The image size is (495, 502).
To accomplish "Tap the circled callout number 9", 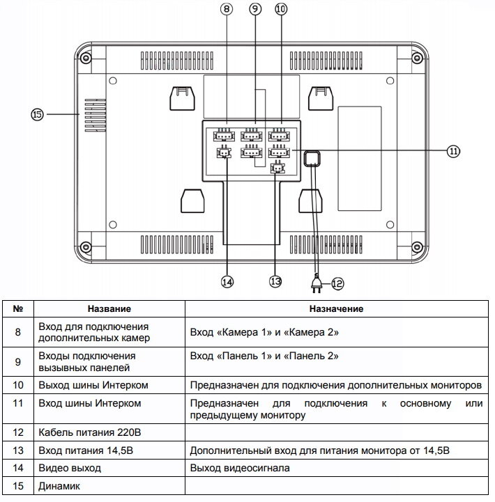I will pos(254,9).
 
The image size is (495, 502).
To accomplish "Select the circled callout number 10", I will pos(280,9).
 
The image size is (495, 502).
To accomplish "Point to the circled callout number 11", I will pos(454,150).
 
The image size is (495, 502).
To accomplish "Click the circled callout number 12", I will pos(337,283).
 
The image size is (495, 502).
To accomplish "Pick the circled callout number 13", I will pos(275,281).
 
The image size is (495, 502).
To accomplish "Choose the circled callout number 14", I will pos(227,281).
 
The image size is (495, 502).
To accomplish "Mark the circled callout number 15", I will pos(37,113).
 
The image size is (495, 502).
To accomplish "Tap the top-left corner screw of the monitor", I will pos(84,58).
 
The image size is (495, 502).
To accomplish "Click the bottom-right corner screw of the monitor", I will pos(417,246).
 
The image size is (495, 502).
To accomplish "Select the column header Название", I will pos(109,308).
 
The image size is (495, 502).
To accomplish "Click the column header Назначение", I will pos(339,308).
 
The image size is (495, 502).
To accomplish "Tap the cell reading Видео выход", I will pos(70,469).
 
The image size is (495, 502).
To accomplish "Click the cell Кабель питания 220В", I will pos(86,433).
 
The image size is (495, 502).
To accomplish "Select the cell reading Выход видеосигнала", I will pos(240,469).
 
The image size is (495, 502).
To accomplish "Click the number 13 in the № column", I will pos(19,450).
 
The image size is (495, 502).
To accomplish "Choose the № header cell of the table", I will pos(19,308).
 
